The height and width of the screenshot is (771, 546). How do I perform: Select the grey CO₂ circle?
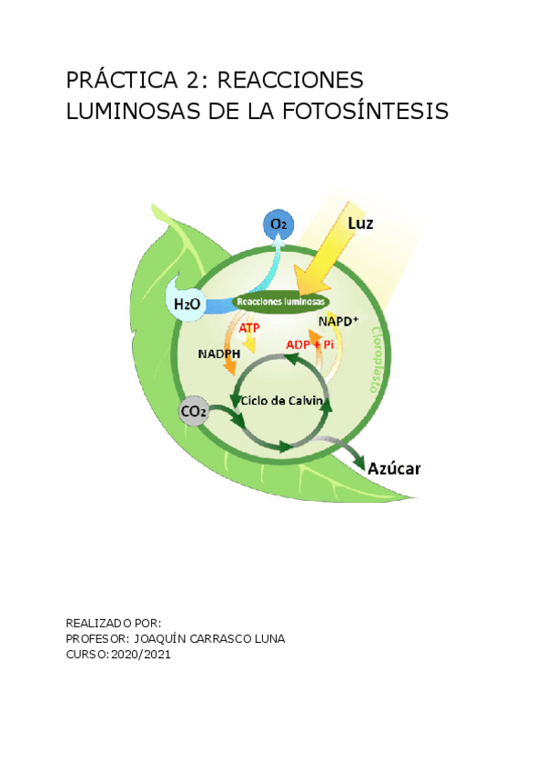click(193, 412)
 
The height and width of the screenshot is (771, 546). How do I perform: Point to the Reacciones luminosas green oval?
click(280, 302)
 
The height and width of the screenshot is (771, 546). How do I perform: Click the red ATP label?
click(249, 327)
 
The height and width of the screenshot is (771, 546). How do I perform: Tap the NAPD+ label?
click(339, 321)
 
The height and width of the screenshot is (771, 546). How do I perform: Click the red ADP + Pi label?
click(310, 345)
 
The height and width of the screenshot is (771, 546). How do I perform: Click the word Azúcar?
click(394, 468)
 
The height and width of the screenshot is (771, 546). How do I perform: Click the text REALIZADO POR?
click(114, 623)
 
